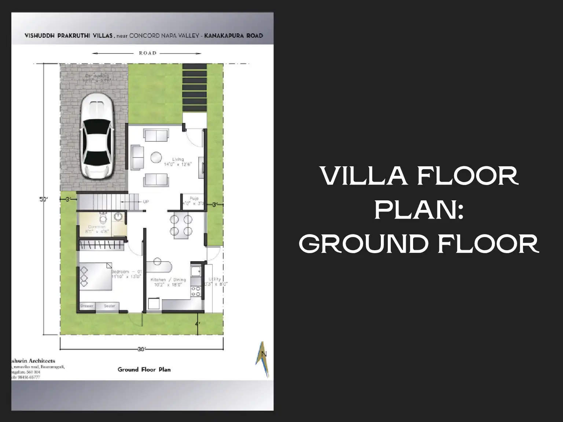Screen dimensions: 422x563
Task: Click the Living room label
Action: click(x=178, y=160)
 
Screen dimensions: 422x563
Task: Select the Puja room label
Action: click(x=194, y=199)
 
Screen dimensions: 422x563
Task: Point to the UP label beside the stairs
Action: click(x=146, y=202)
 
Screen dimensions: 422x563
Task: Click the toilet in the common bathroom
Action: click(x=103, y=219)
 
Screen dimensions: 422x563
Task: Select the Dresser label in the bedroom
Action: click(x=87, y=306)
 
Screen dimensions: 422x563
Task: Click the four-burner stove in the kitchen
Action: click(x=196, y=291)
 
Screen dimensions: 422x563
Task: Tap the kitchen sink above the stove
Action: click(x=196, y=271)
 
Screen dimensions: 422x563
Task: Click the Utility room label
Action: click(x=215, y=280)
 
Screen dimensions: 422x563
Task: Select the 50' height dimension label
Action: click(x=44, y=199)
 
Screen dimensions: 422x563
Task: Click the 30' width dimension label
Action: click(x=141, y=349)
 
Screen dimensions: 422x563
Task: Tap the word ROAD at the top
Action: click(x=148, y=53)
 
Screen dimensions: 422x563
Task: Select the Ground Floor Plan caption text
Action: click(x=144, y=370)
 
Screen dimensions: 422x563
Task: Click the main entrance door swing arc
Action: click(x=194, y=138)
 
